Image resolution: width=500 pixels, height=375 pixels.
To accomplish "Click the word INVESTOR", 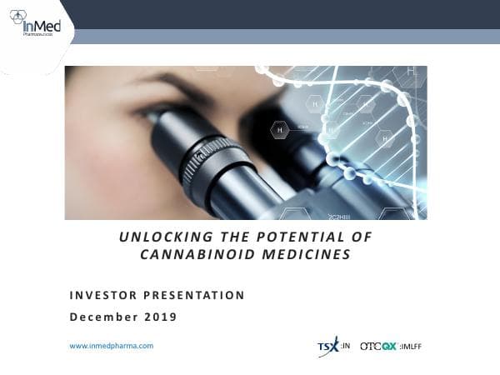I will (x=102, y=295).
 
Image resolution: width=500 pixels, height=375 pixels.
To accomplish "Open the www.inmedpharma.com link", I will (x=111, y=345).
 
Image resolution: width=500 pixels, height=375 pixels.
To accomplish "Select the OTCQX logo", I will (x=378, y=346).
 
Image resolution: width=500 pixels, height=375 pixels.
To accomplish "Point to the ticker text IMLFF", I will (x=410, y=346).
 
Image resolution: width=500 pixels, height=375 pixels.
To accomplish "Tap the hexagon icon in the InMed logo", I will (x=17, y=17).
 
